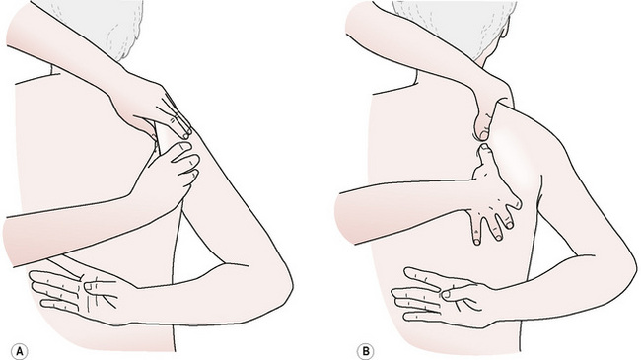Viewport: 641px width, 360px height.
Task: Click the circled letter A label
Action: click(x=20, y=351)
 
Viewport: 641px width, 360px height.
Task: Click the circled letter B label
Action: click(x=366, y=351)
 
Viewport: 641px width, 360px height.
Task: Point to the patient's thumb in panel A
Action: click(x=98, y=285)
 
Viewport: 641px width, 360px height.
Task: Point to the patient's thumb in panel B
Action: click(x=458, y=295)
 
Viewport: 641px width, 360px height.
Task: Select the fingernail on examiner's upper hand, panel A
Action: click(x=186, y=133)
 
